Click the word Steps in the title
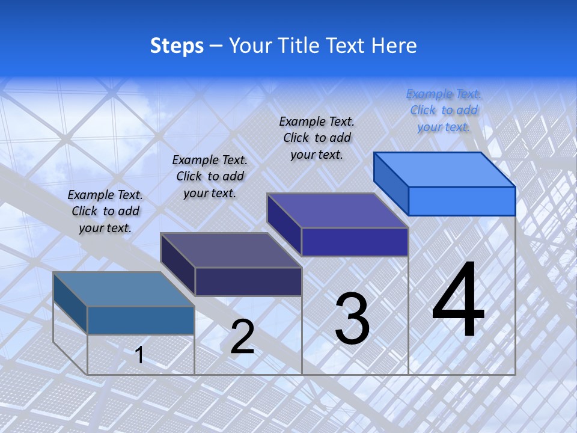177,46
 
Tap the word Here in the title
394,46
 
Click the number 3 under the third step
352,319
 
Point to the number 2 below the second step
242,337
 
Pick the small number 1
139,355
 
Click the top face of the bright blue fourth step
445,170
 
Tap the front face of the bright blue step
462,201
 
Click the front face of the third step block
355,242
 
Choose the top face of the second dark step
231,250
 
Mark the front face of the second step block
248,281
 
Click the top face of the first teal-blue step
124,289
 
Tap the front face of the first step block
141,320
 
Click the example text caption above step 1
105,211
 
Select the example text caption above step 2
210,176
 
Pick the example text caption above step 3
317,138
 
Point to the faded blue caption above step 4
444,110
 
